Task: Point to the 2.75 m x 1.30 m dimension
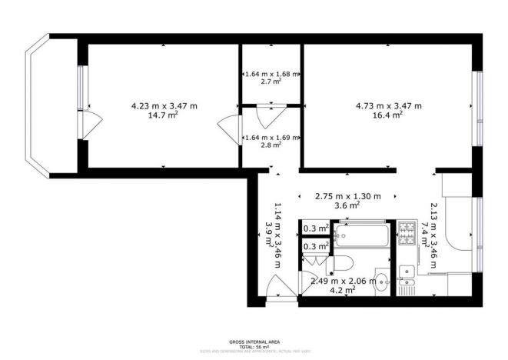349,196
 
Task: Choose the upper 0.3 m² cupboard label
315,228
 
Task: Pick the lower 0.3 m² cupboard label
315,246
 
